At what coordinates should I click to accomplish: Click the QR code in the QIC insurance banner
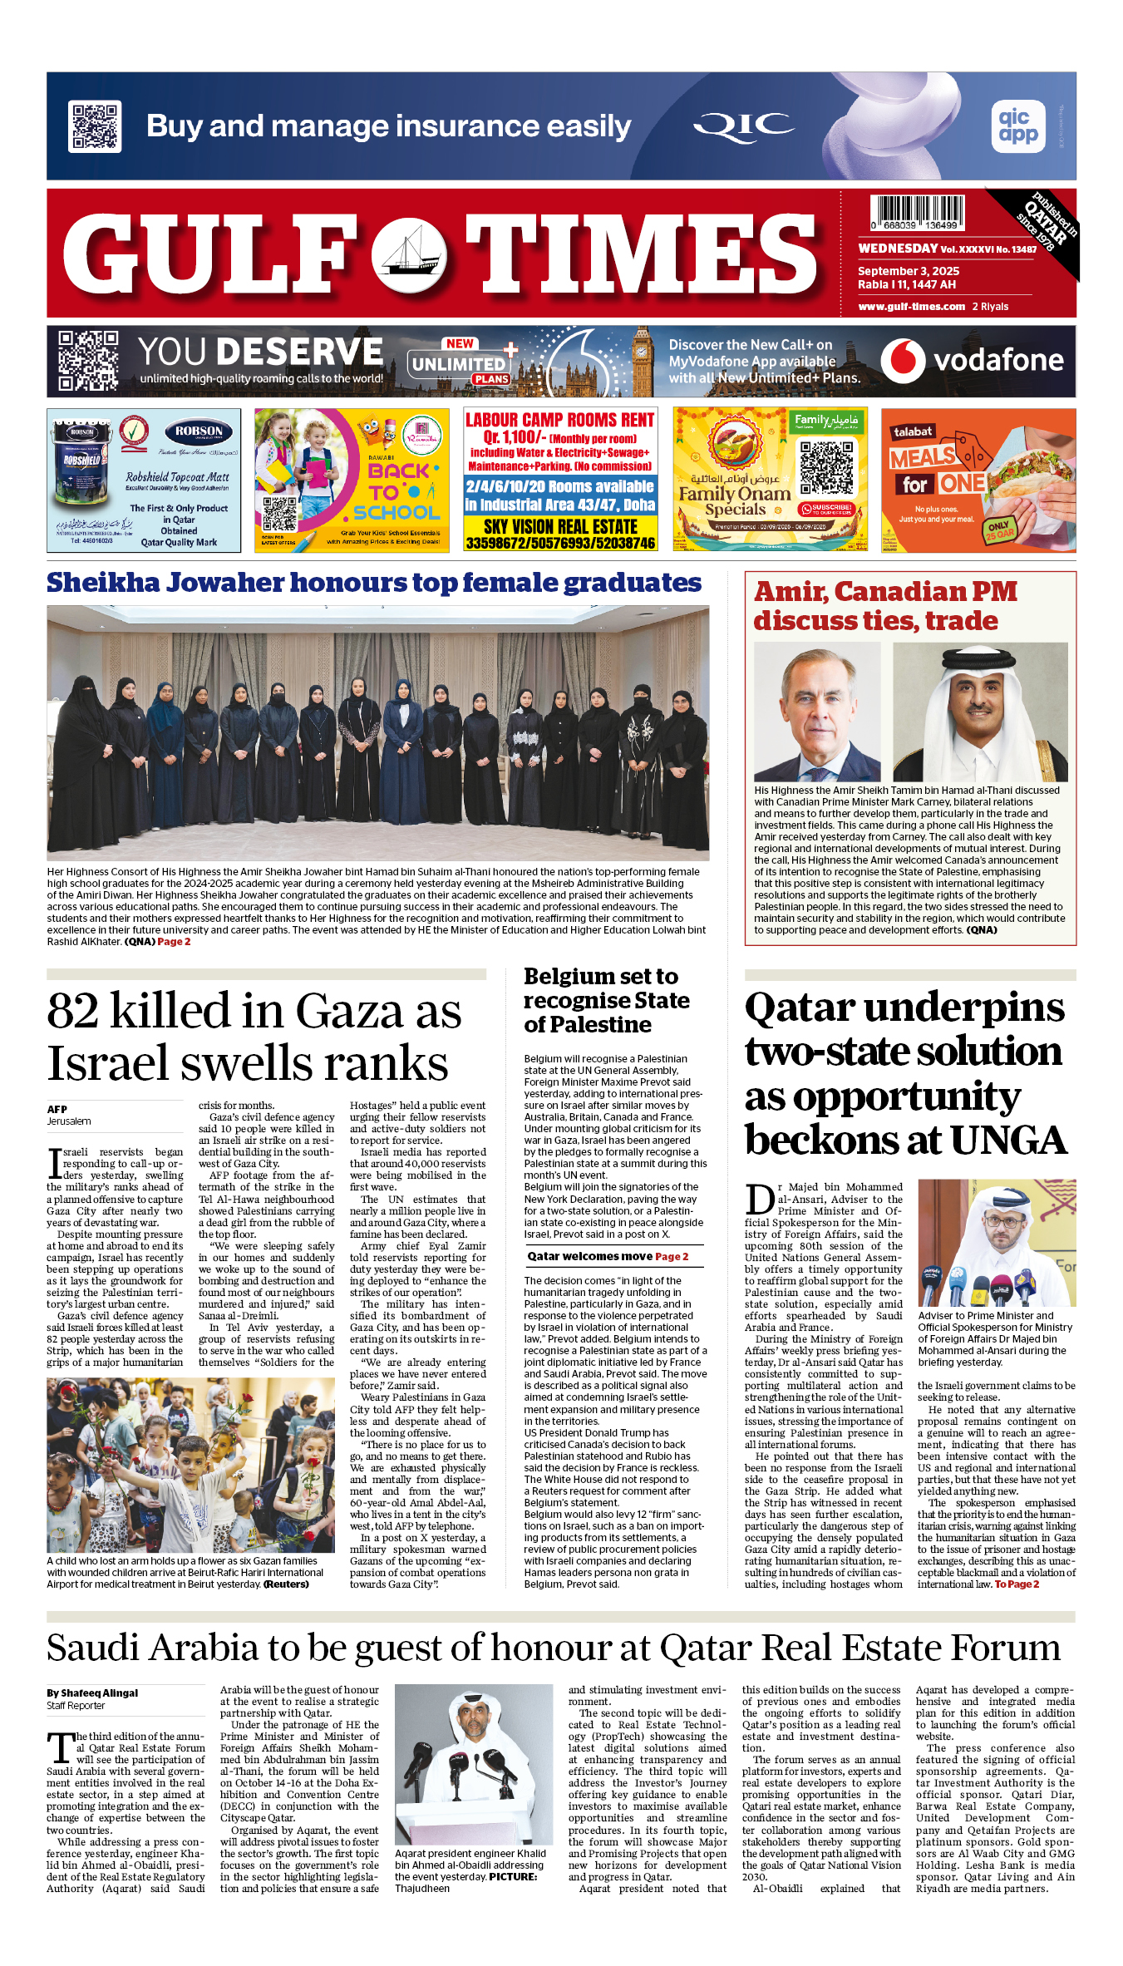coord(95,126)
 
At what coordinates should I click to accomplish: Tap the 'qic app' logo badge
coord(1018,126)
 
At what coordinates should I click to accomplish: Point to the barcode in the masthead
coord(918,213)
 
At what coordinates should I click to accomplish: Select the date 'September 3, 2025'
coord(909,271)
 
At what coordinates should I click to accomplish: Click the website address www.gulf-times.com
coord(911,307)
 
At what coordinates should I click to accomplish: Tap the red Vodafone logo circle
coord(903,361)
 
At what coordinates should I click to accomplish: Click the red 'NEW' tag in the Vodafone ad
coord(460,343)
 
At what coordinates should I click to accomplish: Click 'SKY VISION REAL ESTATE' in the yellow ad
coord(560,527)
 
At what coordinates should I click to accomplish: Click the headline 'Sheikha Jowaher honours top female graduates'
coord(374,583)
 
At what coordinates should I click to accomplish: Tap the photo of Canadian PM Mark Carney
coord(817,712)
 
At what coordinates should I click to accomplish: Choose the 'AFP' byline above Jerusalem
coord(57,1109)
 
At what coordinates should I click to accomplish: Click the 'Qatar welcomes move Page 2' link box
coord(608,1256)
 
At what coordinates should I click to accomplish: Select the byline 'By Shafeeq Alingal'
coord(92,1693)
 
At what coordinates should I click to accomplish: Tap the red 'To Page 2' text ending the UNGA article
coord(1017,1584)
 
